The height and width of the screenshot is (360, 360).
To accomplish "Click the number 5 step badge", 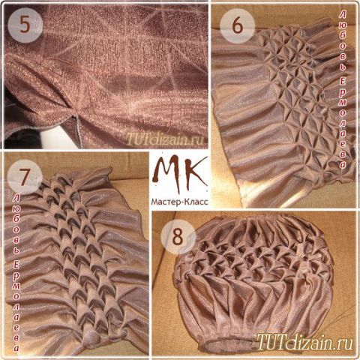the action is point(25,25).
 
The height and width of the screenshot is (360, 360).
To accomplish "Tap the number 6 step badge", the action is point(238,25).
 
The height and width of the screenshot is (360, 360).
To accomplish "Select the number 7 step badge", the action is point(25,177).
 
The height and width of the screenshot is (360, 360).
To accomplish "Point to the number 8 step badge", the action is point(178,237).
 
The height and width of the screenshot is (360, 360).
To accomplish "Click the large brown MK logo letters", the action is point(180,174).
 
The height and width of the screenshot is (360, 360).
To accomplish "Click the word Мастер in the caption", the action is point(166,201).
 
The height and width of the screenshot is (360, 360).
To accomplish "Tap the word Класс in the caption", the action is point(196,201).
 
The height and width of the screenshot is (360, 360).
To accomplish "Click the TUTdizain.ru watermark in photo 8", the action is point(305,340).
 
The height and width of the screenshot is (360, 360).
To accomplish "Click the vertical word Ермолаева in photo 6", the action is point(343,122).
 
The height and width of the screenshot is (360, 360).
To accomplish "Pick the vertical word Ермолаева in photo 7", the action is point(16,306).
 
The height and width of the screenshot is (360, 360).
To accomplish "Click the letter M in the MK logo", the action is point(167,174).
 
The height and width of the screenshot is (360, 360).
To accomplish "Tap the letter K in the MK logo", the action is point(197,172).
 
